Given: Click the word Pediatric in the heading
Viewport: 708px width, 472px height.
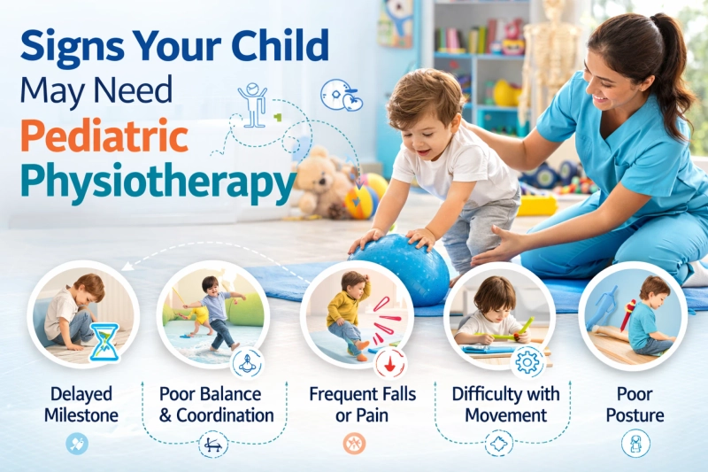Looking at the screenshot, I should coord(104,138).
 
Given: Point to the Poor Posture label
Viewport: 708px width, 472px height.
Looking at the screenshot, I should coord(634,404).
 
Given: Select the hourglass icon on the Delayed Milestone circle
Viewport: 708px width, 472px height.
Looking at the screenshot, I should coord(106,341).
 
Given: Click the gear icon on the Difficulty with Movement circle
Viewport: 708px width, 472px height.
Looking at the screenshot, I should coord(529,360).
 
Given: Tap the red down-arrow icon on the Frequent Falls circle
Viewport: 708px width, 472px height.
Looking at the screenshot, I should coord(389,361).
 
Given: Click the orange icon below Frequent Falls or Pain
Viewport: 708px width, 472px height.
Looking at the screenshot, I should coord(354,444).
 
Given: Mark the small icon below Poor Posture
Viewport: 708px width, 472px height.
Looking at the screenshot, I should coord(635,444).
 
